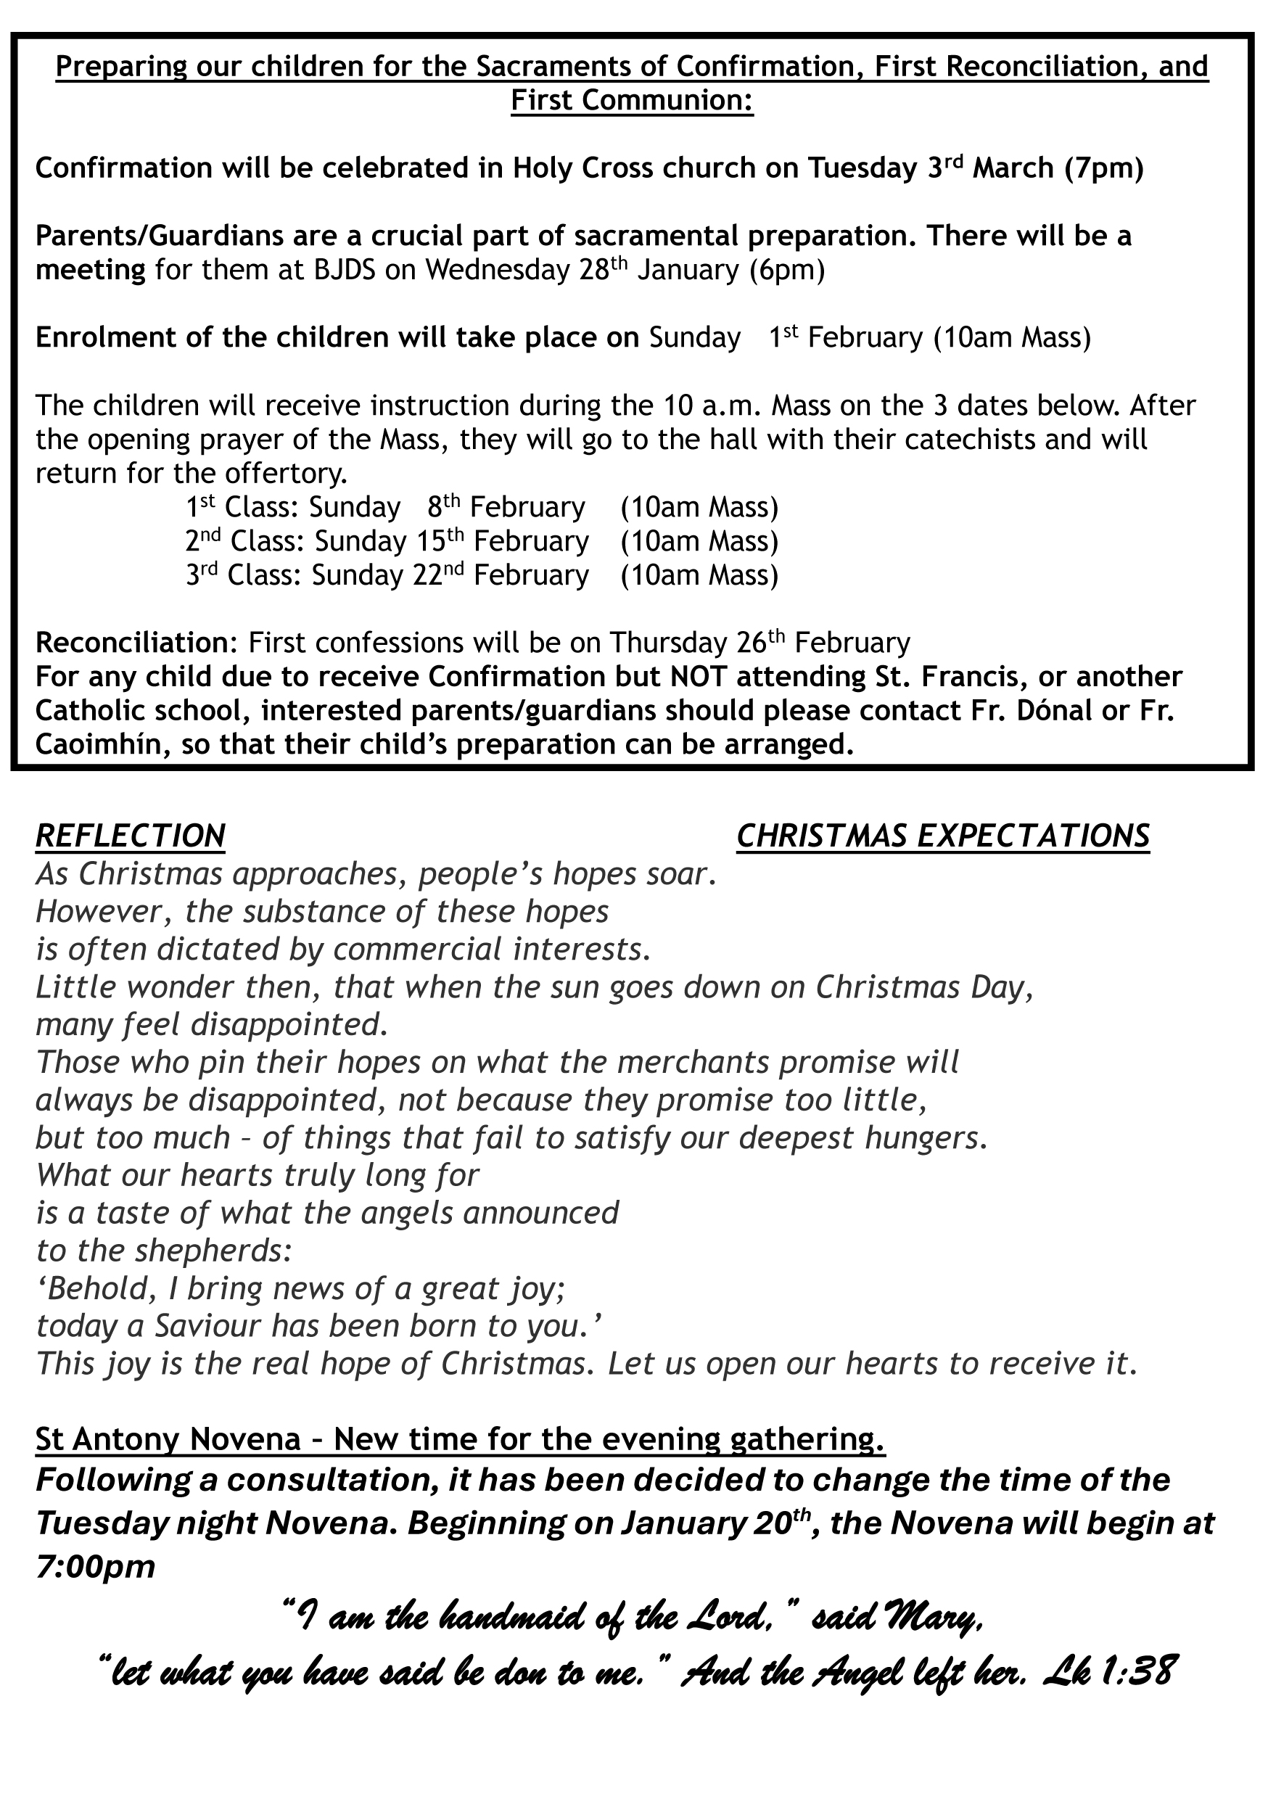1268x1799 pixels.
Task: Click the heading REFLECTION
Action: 130,836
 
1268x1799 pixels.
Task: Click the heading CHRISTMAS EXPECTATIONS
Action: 943,836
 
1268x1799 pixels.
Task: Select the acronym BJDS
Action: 364,271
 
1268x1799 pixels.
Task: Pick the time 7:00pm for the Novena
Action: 96,1567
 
